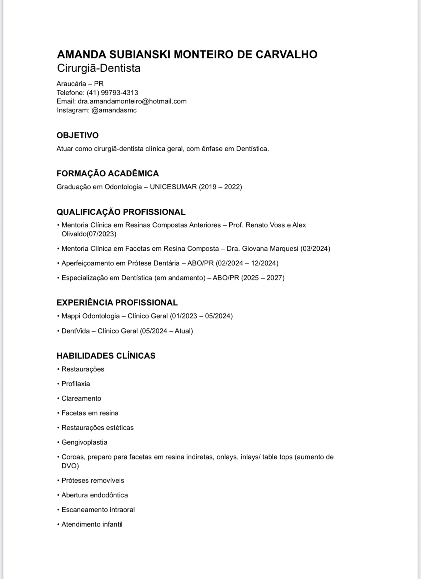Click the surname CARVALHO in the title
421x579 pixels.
click(286, 54)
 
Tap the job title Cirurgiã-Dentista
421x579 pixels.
click(99, 68)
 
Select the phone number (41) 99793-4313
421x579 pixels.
click(112, 92)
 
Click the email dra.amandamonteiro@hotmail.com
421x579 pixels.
click(132, 101)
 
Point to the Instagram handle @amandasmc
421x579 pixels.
click(114, 110)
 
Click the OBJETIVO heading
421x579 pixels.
click(77, 135)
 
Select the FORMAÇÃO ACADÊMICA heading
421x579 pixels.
click(107, 173)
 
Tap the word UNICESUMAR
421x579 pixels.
click(173, 187)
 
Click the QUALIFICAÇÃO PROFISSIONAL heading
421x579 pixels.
click(121, 212)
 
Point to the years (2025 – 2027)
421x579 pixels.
click(263, 278)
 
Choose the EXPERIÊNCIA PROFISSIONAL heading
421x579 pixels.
click(117, 303)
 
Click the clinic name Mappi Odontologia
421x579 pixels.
click(90, 316)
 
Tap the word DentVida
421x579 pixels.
click(75, 331)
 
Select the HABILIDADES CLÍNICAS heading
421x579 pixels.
click(106, 356)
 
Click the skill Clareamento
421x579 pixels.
click(81, 398)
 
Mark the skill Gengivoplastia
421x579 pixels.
click(84, 442)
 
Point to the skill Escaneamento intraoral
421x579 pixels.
click(98, 510)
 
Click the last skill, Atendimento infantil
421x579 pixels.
click(92, 524)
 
